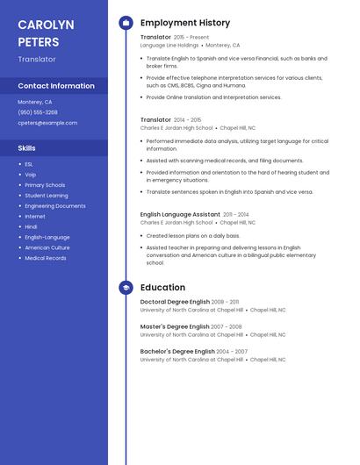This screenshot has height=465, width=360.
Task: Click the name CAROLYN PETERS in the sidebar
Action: [x=46, y=33]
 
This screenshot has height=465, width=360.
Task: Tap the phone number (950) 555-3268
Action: [x=38, y=112]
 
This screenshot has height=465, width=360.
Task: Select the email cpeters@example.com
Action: [x=47, y=123]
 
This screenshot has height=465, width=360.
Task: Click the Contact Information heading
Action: [x=56, y=86]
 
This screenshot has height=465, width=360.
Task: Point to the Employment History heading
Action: [x=185, y=23]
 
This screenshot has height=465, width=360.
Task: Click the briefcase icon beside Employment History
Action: [x=126, y=23]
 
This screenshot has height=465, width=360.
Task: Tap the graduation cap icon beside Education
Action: [x=126, y=287]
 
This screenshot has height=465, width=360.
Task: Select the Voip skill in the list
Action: [x=31, y=175]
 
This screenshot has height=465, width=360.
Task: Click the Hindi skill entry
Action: [x=31, y=226]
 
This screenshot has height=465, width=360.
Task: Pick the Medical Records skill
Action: [x=46, y=258]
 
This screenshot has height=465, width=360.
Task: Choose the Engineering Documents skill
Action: [x=55, y=206]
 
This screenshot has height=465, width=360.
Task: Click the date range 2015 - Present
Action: [x=191, y=38]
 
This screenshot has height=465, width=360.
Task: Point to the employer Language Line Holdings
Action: [x=169, y=45]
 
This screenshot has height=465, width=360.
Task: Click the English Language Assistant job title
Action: [x=180, y=214]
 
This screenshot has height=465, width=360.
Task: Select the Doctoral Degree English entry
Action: [x=175, y=302]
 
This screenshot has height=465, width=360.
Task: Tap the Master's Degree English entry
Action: [x=175, y=326]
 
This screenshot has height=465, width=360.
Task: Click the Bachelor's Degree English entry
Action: [x=177, y=351]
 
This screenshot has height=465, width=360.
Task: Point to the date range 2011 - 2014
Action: [x=235, y=214]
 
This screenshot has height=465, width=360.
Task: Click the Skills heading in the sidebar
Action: [x=26, y=148]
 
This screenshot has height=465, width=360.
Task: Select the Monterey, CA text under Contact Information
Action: [x=35, y=102]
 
